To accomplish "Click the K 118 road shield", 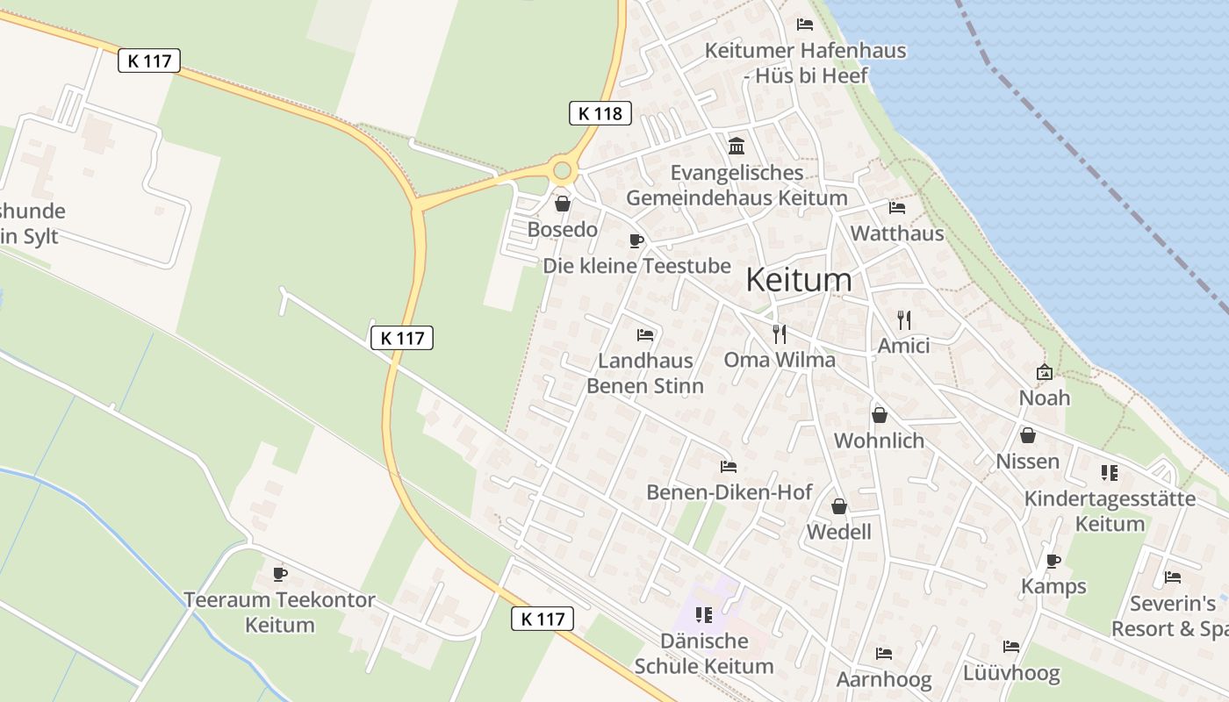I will pyautogui.click(x=600, y=113).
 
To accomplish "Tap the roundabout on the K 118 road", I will pyautogui.click(x=562, y=170).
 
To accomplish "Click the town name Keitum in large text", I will pyautogui.click(x=798, y=280).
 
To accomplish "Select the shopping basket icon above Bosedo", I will pyautogui.click(x=562, y=204).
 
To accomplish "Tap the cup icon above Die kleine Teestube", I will pyautogui.click(x=636, y=240).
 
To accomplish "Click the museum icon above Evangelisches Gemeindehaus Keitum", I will pyautogui.click(x=737, y=146).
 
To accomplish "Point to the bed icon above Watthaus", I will pyautogui.click(x=896, y=208).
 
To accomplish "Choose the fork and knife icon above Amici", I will pyautogui.click(x=904, y=319).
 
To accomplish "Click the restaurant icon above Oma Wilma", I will pyautogui.click(x=779, y=333).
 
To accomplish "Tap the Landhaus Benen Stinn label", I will pyautogui.click(x=645, y=373).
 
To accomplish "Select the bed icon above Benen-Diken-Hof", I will pyautogui.click(x=728, y=466).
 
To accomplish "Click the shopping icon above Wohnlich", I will pyautogui.click(x=879, y=415).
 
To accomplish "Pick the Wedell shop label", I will pyautogui.click(x=839, y=532).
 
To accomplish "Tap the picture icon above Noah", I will pyautogui.click(x=1044, y=372).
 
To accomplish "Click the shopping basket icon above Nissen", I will pyautogui.click(x=1027, y=435).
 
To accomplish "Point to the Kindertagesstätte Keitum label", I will pyautogui.click(x=1110, y=511).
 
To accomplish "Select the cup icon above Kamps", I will pyautogui.click(x=1053, y=560).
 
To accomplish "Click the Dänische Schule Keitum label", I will pyautogui.click(x=704, y=653).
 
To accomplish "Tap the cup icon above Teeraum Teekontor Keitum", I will pyautogui.click(x=280, y=574).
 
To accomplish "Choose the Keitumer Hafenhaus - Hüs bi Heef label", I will pyautogui.click(x=805, y=62).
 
